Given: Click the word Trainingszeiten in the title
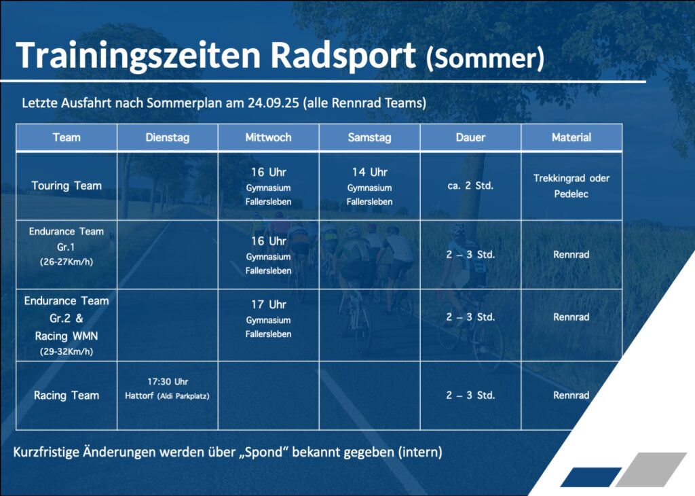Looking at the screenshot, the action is [138, 56].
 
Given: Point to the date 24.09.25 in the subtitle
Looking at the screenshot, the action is [274, 103].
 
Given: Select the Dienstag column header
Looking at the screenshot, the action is [168, 137].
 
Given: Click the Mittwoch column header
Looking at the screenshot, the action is [269, 137].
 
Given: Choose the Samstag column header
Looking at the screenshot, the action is [370, 137].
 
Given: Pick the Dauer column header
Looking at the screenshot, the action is [471, 137].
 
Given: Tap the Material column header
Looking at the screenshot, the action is [571, 137].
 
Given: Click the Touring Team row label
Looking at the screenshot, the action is [67, 185].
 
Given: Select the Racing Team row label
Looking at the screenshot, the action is [67, 395].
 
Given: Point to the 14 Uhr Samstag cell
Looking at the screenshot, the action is [370, 186].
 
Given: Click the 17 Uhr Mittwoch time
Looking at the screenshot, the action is [269, 305].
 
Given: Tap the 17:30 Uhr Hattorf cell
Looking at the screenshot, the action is [168, 389].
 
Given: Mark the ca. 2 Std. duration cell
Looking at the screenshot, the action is [471, 185].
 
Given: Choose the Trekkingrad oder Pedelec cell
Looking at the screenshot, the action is [571, 186].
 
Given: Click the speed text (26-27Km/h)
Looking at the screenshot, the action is [67, 262].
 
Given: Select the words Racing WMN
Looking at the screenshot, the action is [67, 336].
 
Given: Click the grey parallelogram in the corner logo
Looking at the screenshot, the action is [651, 470].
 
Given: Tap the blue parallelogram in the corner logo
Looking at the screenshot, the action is [591, 477].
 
